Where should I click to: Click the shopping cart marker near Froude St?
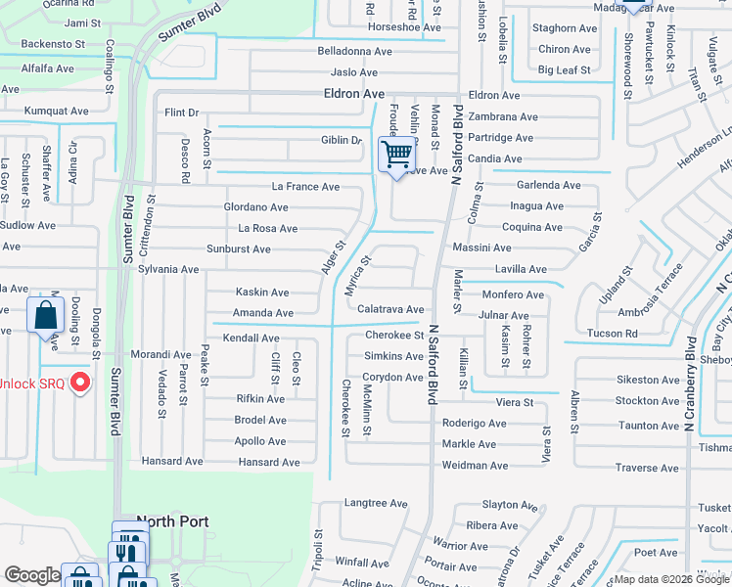[397, 154]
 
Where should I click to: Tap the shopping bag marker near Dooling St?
[45, 316]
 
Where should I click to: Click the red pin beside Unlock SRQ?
[81, 383]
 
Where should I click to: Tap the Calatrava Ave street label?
[390, 309]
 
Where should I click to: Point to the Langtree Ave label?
[375, 503]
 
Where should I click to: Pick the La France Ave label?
[305, 187]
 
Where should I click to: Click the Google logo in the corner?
[32, 575]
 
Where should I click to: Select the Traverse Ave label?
[648, 469]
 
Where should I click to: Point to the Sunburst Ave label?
[232, 249]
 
